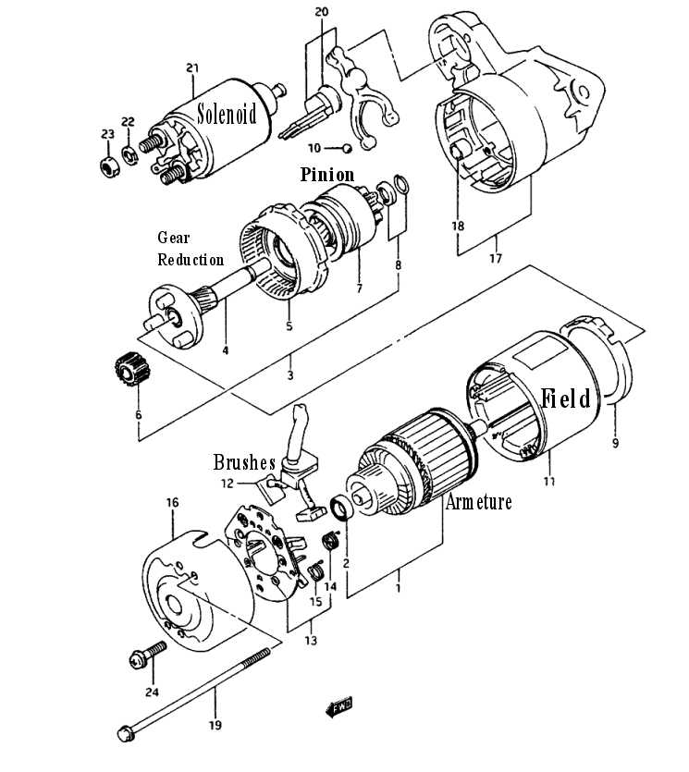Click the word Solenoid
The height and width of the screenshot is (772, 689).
[228, 115]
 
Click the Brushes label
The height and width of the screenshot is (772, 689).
[244, 462]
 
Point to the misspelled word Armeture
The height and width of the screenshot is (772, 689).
[478, 502]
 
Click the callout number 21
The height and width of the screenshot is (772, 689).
[192, 67]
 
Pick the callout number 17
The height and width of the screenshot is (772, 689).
[496, 259]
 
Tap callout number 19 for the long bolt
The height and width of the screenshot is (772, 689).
[215, 726]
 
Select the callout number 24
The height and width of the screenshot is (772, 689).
[152, 692]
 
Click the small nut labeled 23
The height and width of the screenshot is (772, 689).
[108, 166]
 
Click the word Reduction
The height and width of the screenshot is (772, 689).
[191, 260]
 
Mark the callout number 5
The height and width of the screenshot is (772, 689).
[289, 325]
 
